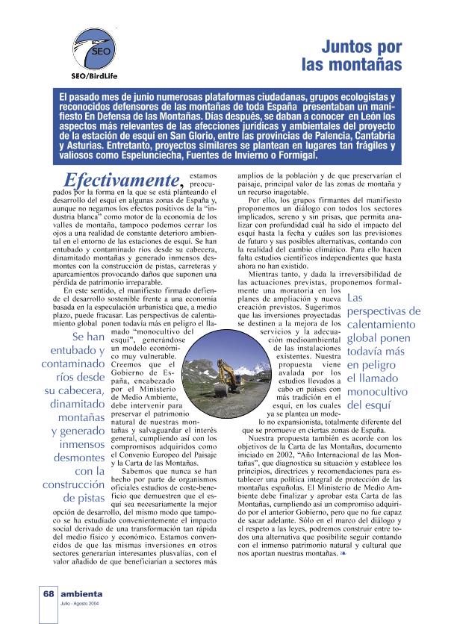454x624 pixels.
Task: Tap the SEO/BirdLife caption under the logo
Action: coord(95,75)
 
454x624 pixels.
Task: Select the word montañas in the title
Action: coord(360,66)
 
